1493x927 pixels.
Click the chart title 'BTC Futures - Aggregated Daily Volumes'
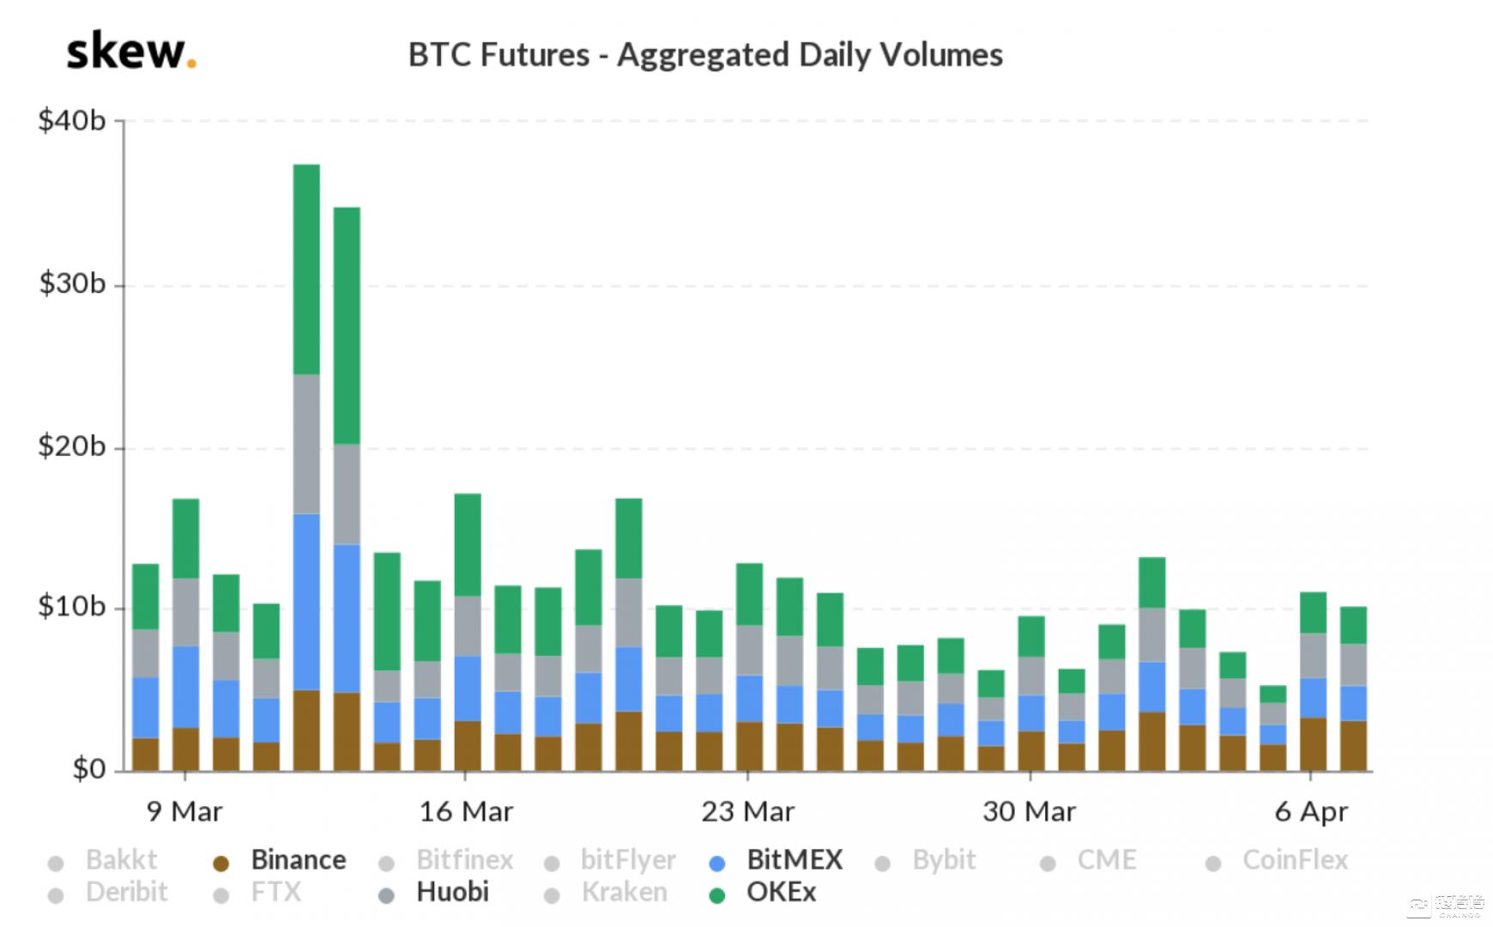[x=705, y=55]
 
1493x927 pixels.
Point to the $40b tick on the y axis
[x=72, y=121]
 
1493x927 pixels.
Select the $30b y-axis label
[x=72, y=284]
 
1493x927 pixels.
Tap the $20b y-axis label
[x=72, y=447]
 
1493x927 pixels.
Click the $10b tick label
[x=72, y=608]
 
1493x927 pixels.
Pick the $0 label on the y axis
[x=88, y=769]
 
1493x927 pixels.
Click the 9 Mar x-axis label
[x=184, y=812]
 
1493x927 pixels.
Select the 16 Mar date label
[x=466, y=812]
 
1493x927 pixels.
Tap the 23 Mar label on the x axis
[x=747, y=812]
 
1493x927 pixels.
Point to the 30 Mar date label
[x=1029, y=812]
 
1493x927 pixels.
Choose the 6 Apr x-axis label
[x=1311, y=812]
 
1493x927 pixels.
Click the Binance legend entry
[x=298, y=860]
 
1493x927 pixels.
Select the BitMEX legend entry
[x=794, y=860]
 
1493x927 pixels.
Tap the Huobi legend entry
[x=451, y=893]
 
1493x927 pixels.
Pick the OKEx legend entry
[x=781, y=893]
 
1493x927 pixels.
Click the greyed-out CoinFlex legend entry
[x=1294, y=860]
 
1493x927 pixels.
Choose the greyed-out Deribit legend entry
[x=126, y=893]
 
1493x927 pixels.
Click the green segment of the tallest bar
[x=306, y=269]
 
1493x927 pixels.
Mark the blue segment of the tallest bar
[x=306, y=602]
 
